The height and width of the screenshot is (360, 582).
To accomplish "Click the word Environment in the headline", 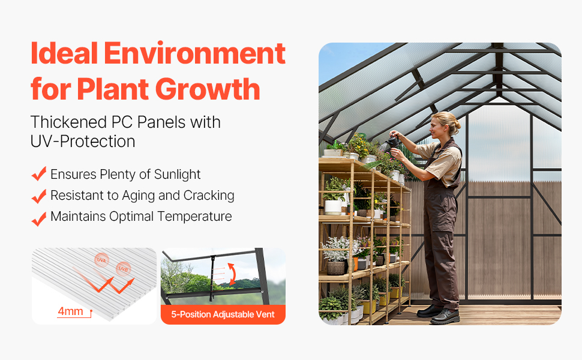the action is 195,53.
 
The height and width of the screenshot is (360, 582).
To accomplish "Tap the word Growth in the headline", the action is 208,89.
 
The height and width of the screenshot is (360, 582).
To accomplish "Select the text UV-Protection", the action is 83,142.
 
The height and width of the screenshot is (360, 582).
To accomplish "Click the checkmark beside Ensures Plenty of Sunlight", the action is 39,173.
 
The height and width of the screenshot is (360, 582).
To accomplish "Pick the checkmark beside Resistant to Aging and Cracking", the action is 39,196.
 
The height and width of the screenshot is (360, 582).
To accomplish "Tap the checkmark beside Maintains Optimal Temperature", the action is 39,219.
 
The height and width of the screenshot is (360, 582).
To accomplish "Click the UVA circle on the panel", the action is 101,260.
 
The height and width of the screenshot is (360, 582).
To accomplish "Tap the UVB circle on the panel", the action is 123,269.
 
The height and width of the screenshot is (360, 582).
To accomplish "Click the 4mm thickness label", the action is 71,311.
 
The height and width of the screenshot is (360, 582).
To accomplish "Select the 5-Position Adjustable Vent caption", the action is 223,314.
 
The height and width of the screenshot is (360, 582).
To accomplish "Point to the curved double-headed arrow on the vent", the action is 232,274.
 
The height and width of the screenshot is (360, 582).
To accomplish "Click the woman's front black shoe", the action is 445,317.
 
